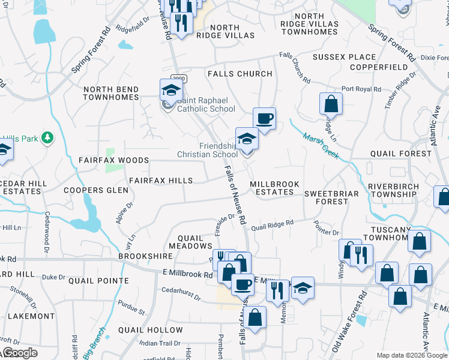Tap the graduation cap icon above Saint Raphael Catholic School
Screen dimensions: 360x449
tap(170, 91)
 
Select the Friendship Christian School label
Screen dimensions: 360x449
tap(208, 150)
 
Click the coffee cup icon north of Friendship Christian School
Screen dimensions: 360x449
tap(264, 118)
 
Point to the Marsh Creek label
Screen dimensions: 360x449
tap(321, 146)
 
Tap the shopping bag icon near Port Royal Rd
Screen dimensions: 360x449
tap(330, 103)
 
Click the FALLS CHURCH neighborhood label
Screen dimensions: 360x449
tap(240, 74)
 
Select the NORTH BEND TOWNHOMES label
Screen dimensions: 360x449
tap(111, 94)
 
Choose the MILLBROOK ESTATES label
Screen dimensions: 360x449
tap(272, 188)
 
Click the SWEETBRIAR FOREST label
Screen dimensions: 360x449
tap(331, 197)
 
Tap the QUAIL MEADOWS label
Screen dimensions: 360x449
tap(190, 241)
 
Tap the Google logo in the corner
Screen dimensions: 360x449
tap(19, 353)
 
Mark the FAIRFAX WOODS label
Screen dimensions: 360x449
tap(113, 161)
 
